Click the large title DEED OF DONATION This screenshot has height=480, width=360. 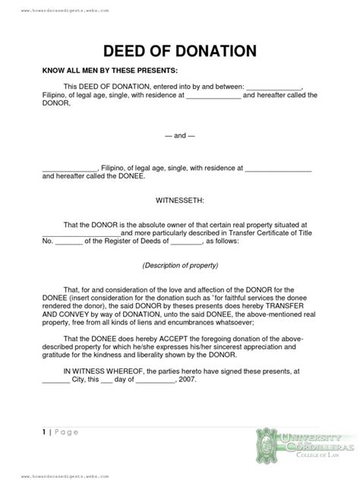point(179,52)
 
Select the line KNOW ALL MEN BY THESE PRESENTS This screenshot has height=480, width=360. point(103,69)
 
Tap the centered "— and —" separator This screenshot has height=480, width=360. point(180,136)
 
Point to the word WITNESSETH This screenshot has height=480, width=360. point(179,202)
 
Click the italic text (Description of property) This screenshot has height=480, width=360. point(180,267)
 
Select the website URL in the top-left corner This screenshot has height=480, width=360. point(66,11)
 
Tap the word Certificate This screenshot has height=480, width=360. point(270,232)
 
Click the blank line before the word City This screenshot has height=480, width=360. point(55,381)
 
